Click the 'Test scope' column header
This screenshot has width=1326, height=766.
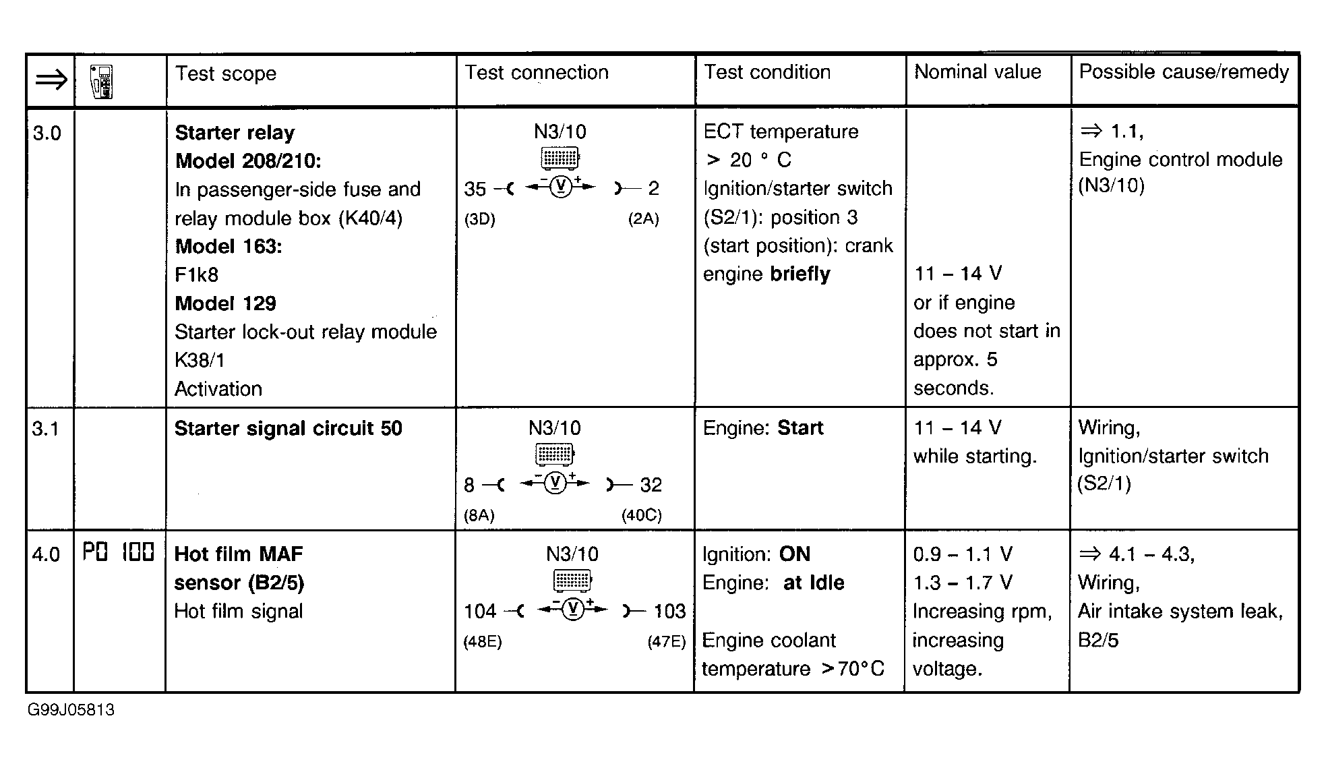225,73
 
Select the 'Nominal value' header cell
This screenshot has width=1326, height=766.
977,72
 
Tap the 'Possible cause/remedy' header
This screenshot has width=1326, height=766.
1184,72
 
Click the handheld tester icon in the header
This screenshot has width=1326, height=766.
102,82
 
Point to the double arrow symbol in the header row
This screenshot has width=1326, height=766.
51,81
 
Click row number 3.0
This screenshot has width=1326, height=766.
47,133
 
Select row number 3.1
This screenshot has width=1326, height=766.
45,428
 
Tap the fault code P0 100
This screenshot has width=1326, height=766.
119,553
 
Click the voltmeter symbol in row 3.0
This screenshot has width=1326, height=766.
560,187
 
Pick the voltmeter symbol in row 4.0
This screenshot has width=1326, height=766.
572,610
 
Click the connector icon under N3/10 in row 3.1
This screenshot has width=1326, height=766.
554,454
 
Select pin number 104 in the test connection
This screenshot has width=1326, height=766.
479,612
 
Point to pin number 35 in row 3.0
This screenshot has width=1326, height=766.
475,189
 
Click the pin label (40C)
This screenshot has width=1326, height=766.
641,515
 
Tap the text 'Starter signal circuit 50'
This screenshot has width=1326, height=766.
288,428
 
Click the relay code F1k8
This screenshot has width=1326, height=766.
196,274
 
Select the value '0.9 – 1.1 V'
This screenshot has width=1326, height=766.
962,554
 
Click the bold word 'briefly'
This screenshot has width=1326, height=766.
800,274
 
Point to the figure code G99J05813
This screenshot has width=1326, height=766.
71,710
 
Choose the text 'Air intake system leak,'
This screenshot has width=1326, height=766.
1180,611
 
